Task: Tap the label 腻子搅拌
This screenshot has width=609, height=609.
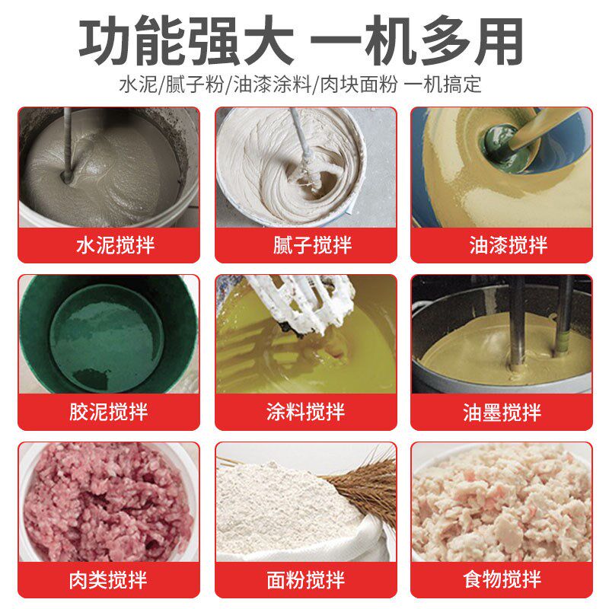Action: click(305, 246)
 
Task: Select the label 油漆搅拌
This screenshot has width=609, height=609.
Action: click(502, 246)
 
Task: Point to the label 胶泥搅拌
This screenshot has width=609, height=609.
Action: click(108, 413)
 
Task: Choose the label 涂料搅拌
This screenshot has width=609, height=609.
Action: click(305, 413)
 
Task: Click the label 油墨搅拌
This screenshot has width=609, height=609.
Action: click(502, 413)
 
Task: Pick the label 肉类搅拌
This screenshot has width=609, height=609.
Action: click(108, 580)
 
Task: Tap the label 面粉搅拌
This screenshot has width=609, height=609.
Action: click(305, 580)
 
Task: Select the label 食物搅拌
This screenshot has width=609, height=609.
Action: click(502, 580)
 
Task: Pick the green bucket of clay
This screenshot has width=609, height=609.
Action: click(108, 335)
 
